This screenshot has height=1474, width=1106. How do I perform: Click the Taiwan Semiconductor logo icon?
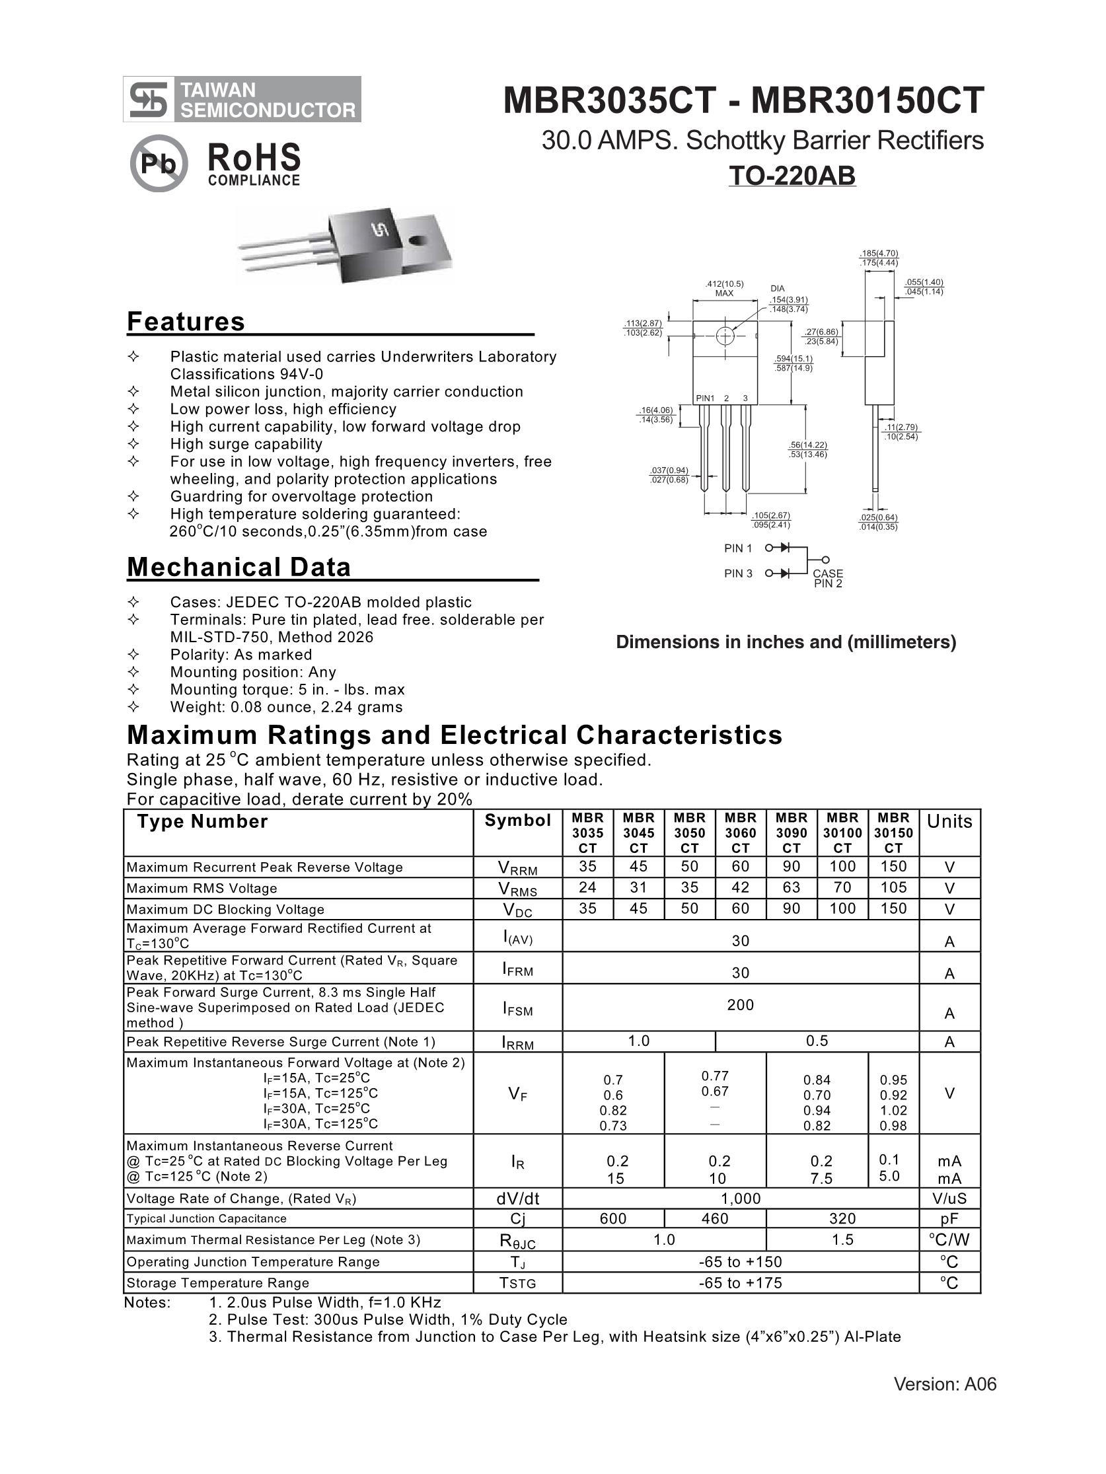[x=149, y=99]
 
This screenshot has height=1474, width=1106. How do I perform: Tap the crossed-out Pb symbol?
[x=159, y=163]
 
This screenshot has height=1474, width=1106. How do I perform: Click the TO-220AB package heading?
[x=792, y=176]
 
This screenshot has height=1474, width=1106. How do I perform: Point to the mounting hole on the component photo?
[x=418, y=240]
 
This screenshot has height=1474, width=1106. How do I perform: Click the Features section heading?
[x=186, y=322]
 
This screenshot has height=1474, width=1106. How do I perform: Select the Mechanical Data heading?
[x=239, y=567]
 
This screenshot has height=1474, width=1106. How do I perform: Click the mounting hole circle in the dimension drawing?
[x=725, y=336]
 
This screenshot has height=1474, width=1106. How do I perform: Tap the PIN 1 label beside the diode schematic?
[x=737, y=548]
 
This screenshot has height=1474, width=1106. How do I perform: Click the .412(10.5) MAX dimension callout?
[x=724, y=289]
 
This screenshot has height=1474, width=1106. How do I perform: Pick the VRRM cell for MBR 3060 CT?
[x=740, y=866]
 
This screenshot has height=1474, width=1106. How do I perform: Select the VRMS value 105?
[x=893, y=887]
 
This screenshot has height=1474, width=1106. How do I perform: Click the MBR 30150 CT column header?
[x=893, y=833]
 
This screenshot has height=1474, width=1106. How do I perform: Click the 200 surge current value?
[x=740, y=1005]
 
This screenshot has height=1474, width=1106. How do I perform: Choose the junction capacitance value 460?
[x=715, y=1219]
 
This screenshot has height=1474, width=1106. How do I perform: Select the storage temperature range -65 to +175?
[x=740, y=1283]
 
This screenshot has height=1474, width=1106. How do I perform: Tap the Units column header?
[x=949, y=822]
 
